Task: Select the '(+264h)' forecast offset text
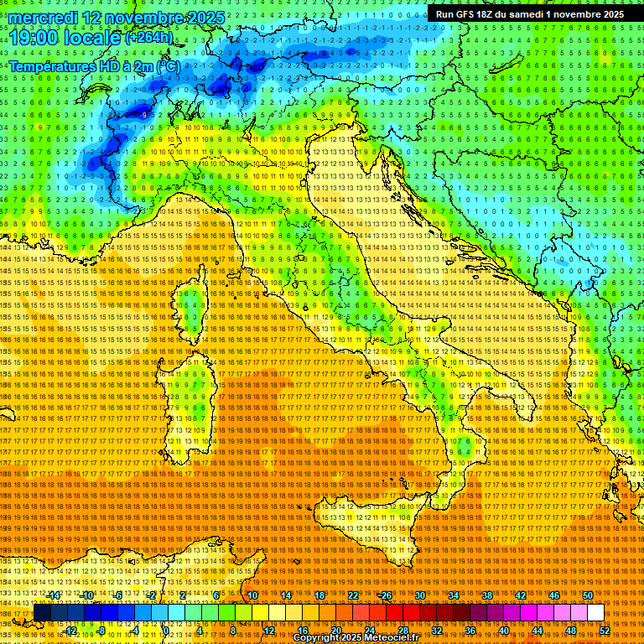(149, 38)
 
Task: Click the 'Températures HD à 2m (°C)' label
(94, 66)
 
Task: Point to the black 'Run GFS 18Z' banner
(529, 14)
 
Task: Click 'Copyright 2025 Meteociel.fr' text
(361, 638)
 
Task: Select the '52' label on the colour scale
(604, 631)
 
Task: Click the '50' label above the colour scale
(588, 595)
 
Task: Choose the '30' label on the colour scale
(420, 595)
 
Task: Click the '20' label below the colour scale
(336, 631)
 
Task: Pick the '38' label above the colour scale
(487, 595)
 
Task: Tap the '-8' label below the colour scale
(101, 631)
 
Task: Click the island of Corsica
(194, 307)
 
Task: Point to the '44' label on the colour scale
(538, 631)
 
